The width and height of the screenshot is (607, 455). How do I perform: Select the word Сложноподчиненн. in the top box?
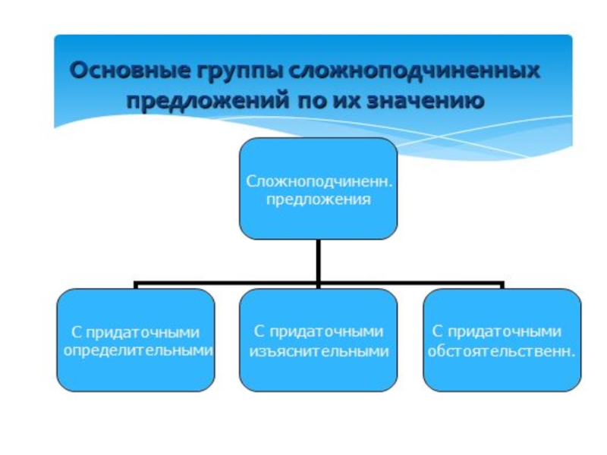pyautogui.click(x=318, y=183)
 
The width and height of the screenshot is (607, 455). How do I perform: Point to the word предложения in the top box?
pyautogui.click(x=318, y=200)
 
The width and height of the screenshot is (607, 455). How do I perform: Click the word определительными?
pyautogui.click(x=137, y=351)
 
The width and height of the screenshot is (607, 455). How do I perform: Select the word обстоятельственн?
pyautogui.click(x=501, y=351)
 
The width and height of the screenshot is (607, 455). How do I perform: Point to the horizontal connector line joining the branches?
pyautogui.click(x=228, y=284)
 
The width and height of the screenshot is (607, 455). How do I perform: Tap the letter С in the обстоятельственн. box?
pyautogui.click(x=438, y=331)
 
